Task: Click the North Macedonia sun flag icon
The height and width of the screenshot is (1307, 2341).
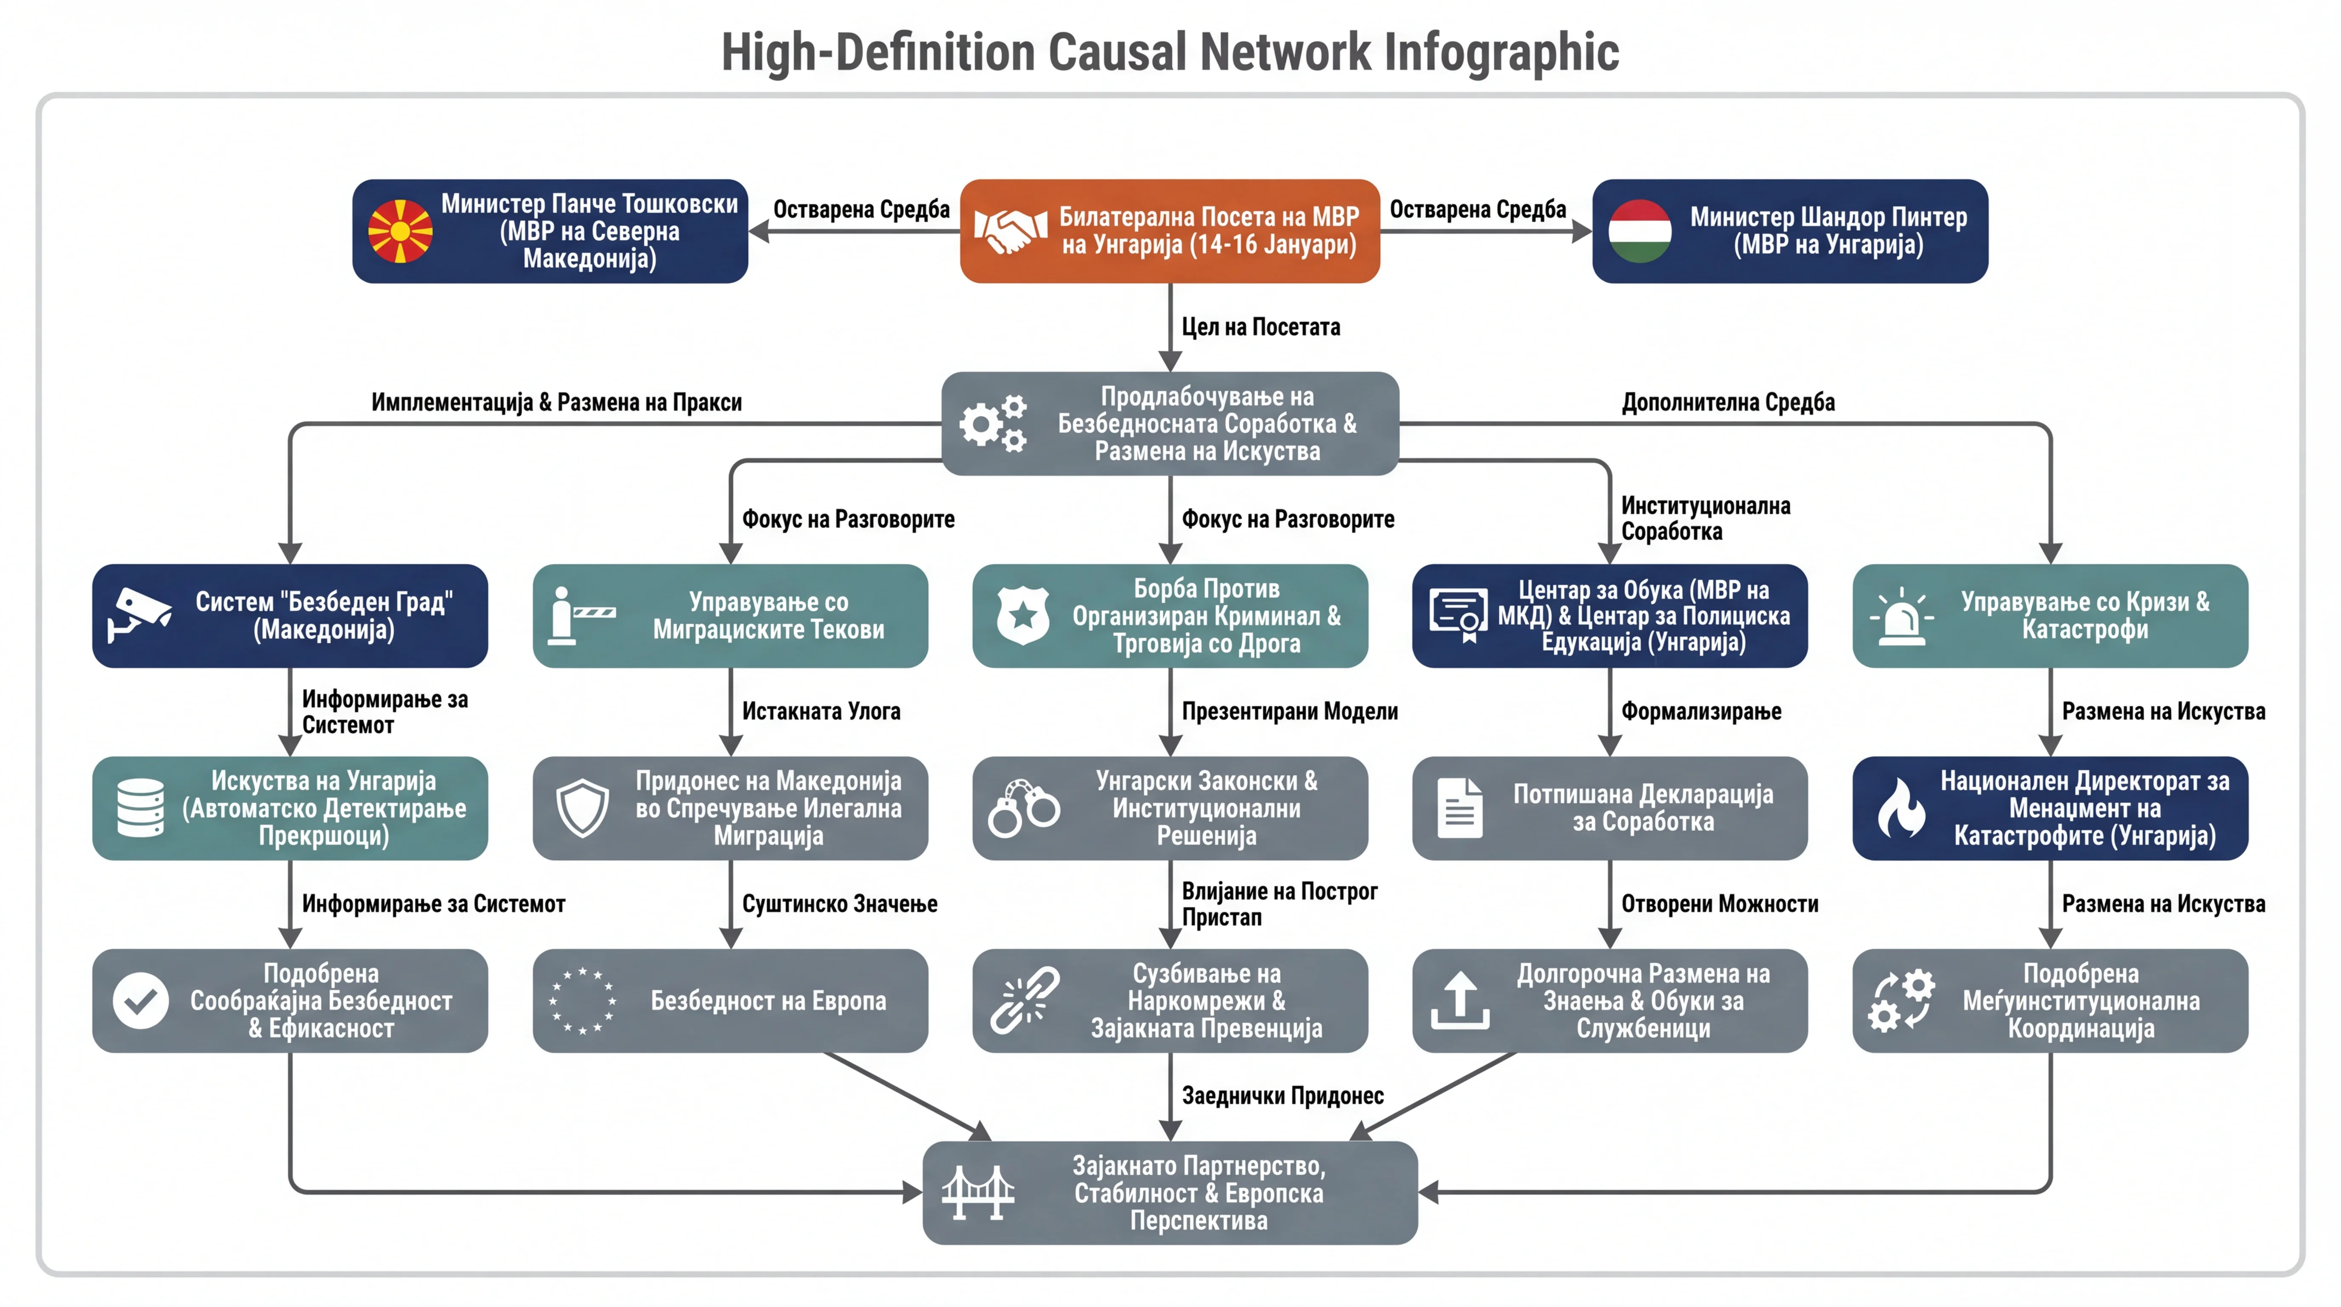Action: (400, 231)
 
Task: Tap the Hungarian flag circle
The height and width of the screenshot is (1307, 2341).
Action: (1640, 231)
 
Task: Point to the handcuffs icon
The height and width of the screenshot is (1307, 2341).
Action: (1023, 808)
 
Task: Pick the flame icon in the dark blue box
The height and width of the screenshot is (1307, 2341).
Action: (1901, 808)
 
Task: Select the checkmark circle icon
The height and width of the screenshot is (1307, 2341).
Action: (141, 1001)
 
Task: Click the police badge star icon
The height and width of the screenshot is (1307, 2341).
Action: (1023, 615)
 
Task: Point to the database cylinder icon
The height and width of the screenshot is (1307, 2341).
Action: (141, 808)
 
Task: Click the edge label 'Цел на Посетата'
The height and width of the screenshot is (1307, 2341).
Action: (1261, 327)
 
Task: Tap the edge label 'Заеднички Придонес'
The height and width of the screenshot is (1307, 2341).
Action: (1282, 1096)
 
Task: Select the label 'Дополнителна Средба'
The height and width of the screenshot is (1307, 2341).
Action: (1729, 402)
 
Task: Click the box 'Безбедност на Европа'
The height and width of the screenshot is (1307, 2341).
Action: (731, 1001)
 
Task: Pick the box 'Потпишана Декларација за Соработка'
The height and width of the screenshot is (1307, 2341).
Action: (1610, 808)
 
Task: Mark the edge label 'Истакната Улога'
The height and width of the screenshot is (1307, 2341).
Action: (822, 712)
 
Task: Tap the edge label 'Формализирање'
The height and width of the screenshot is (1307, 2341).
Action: (1701, 712)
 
